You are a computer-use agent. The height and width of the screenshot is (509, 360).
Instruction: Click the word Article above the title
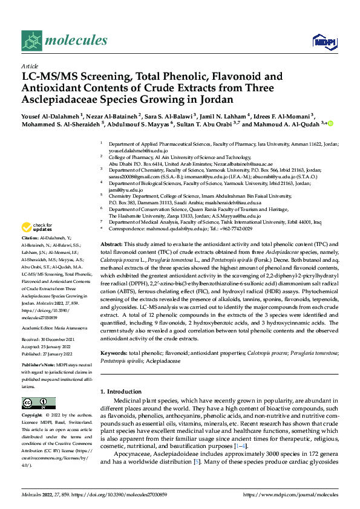tap(29, 66)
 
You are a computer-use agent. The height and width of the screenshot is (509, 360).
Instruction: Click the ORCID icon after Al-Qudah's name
tap(331, 124)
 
